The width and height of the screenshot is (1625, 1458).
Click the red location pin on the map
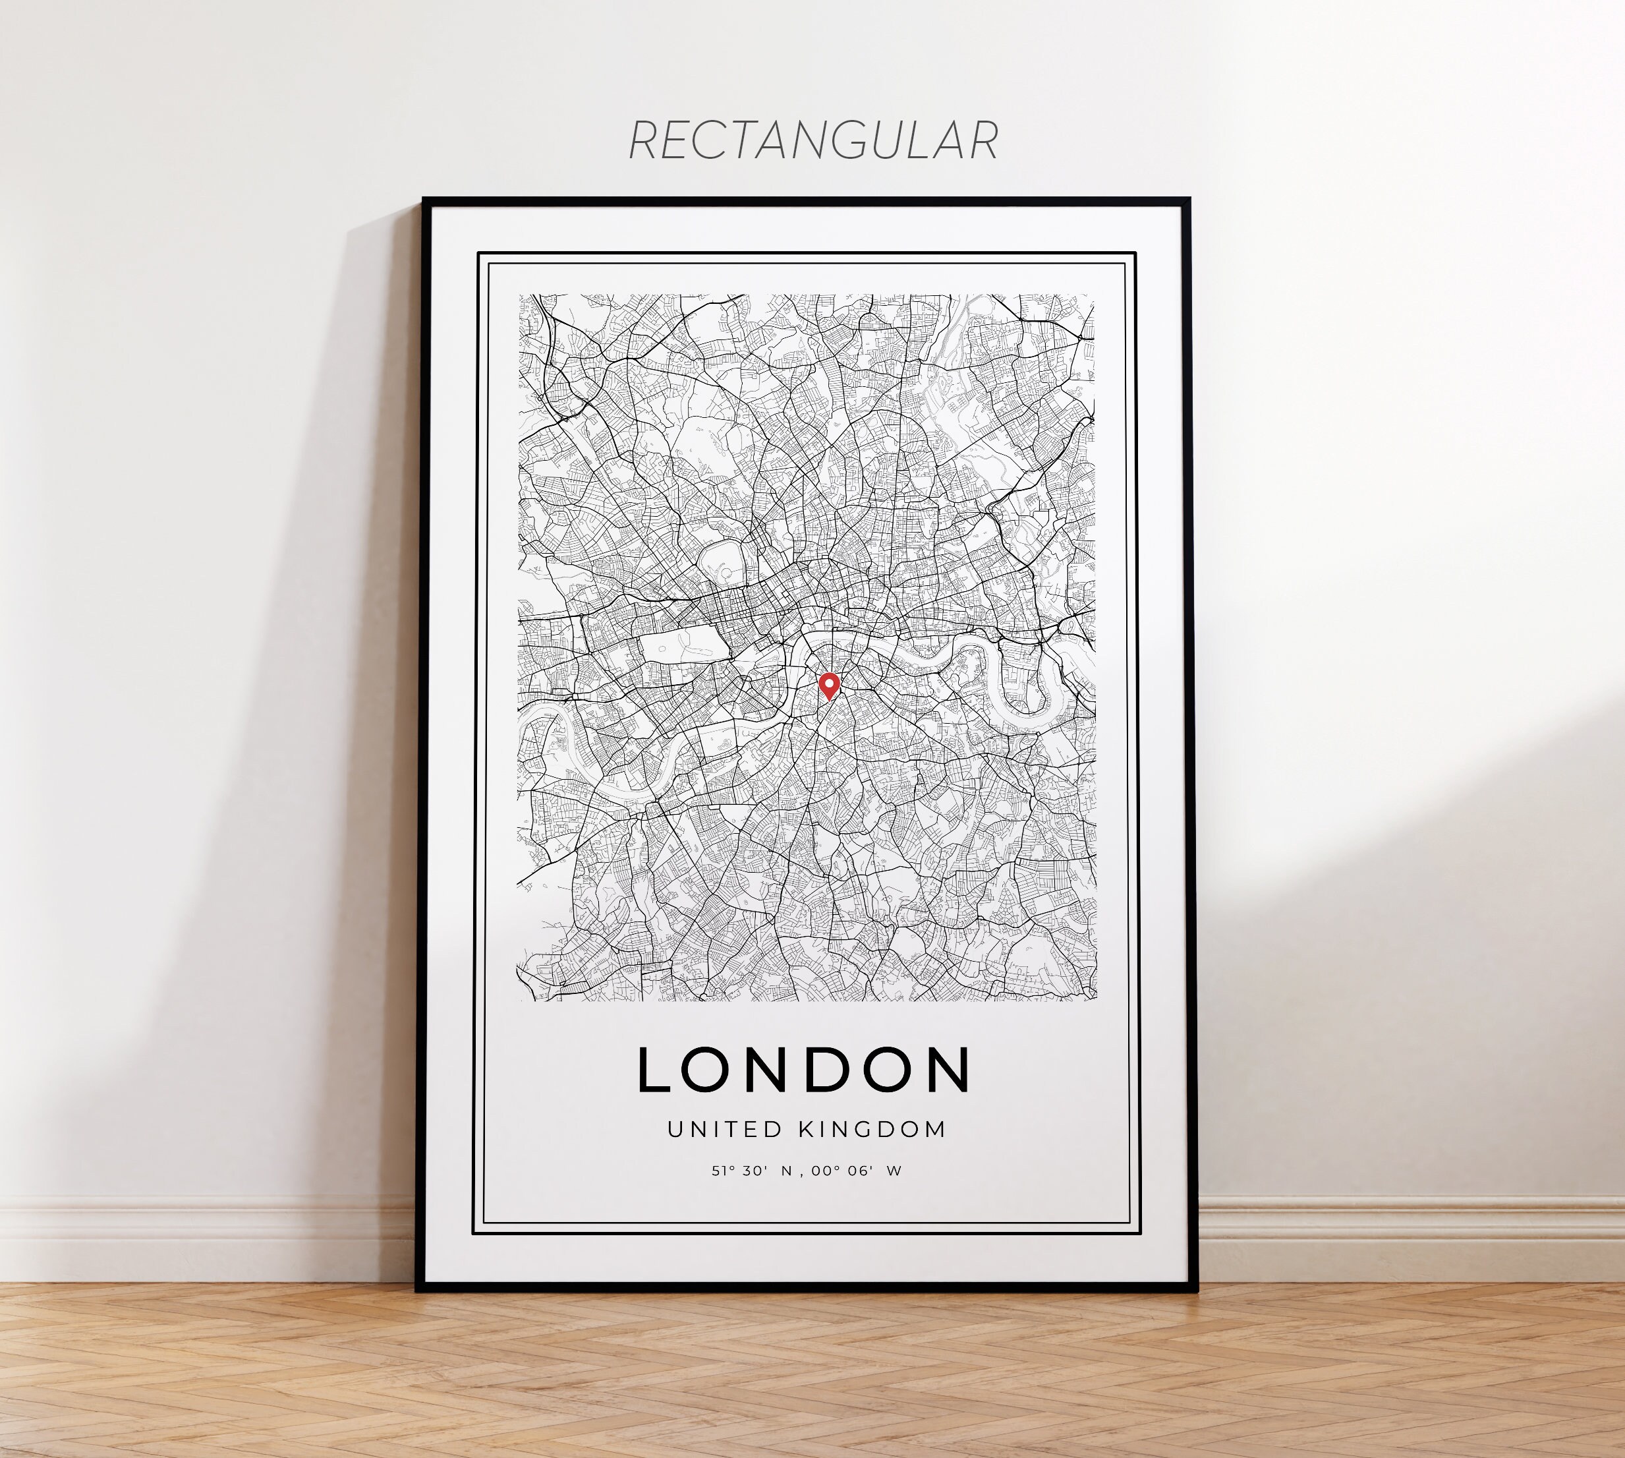click(829, 685)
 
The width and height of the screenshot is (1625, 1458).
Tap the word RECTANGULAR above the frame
click(813, 141)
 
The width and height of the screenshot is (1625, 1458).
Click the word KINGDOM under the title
click(873, 1130)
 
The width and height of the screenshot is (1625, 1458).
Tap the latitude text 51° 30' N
click(751, 1171)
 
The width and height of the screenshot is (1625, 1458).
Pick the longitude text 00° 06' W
click(855, 1171)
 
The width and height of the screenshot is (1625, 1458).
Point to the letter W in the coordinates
click(895, 1171)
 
